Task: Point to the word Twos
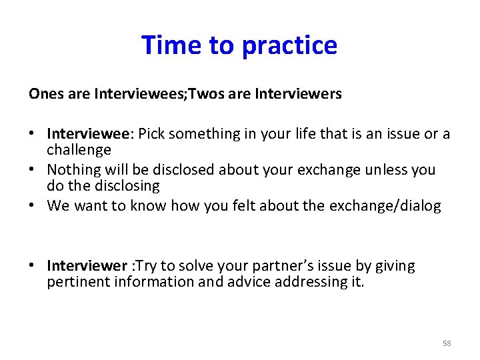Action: [206, 94]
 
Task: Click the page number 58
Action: [447, 343]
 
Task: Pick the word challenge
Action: [79, 151]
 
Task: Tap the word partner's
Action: [257, 266]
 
